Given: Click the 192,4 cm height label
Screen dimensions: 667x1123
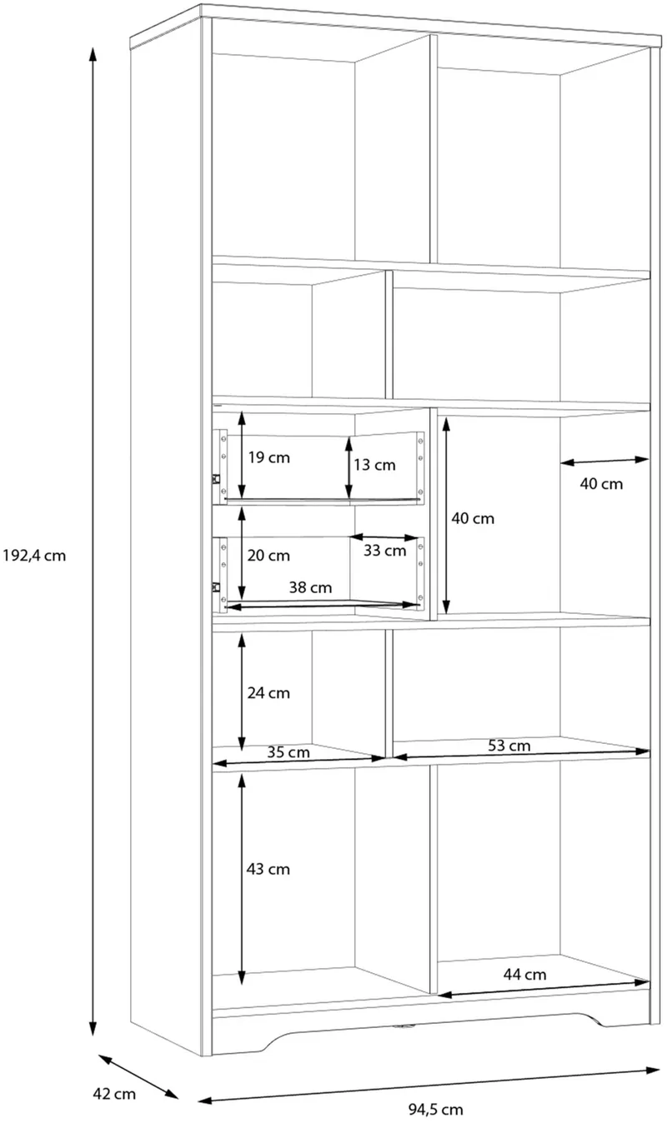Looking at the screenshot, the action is click(34, 556).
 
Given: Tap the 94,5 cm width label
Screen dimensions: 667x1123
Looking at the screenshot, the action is click(435, 1109).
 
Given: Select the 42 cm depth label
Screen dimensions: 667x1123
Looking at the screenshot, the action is click(114, 1093).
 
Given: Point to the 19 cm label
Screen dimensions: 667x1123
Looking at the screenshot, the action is click(269, 457).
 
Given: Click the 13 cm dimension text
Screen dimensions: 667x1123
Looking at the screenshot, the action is click(374, 465).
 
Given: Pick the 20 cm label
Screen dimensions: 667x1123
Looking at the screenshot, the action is click(268, 556).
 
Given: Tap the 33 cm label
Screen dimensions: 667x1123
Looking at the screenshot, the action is click(385, 551).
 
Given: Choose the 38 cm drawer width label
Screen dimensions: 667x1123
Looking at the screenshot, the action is click(310, 587).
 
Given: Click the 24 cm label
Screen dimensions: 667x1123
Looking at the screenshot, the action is click(268, 693).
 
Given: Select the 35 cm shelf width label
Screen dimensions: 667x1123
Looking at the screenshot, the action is click(288, 752).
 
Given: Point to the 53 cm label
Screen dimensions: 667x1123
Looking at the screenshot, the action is click(509, 746).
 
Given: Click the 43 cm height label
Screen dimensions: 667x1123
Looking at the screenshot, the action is click(268, 869).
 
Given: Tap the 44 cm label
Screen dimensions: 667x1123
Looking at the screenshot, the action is click(524, 974).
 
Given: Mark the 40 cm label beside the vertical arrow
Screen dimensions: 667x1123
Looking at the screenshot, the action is click(473, 518).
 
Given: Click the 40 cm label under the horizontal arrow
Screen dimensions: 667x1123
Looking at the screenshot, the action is click(601, 484).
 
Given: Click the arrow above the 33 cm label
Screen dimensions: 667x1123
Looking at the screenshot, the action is click(384, 537).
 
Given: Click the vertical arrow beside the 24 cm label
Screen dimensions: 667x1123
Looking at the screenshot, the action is click(242, 692).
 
